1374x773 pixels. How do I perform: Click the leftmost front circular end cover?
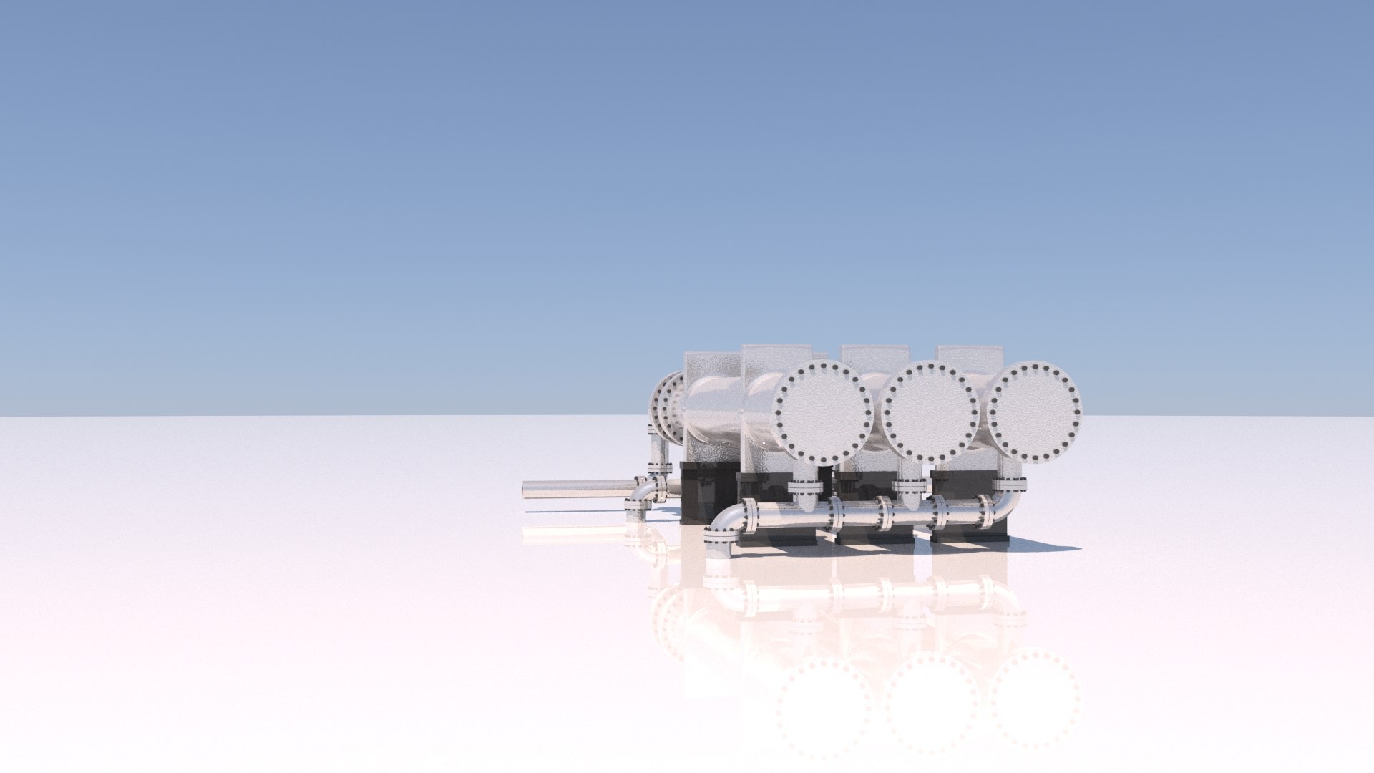coord(823,412)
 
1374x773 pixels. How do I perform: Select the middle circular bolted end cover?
coord(929,412)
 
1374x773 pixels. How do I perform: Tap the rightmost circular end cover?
coord(1034,412)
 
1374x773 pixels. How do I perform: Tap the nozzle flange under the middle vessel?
coord(910,486)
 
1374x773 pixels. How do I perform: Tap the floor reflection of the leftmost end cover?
coord(823,705)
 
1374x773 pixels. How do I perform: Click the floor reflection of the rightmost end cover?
coord(1034,698)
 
